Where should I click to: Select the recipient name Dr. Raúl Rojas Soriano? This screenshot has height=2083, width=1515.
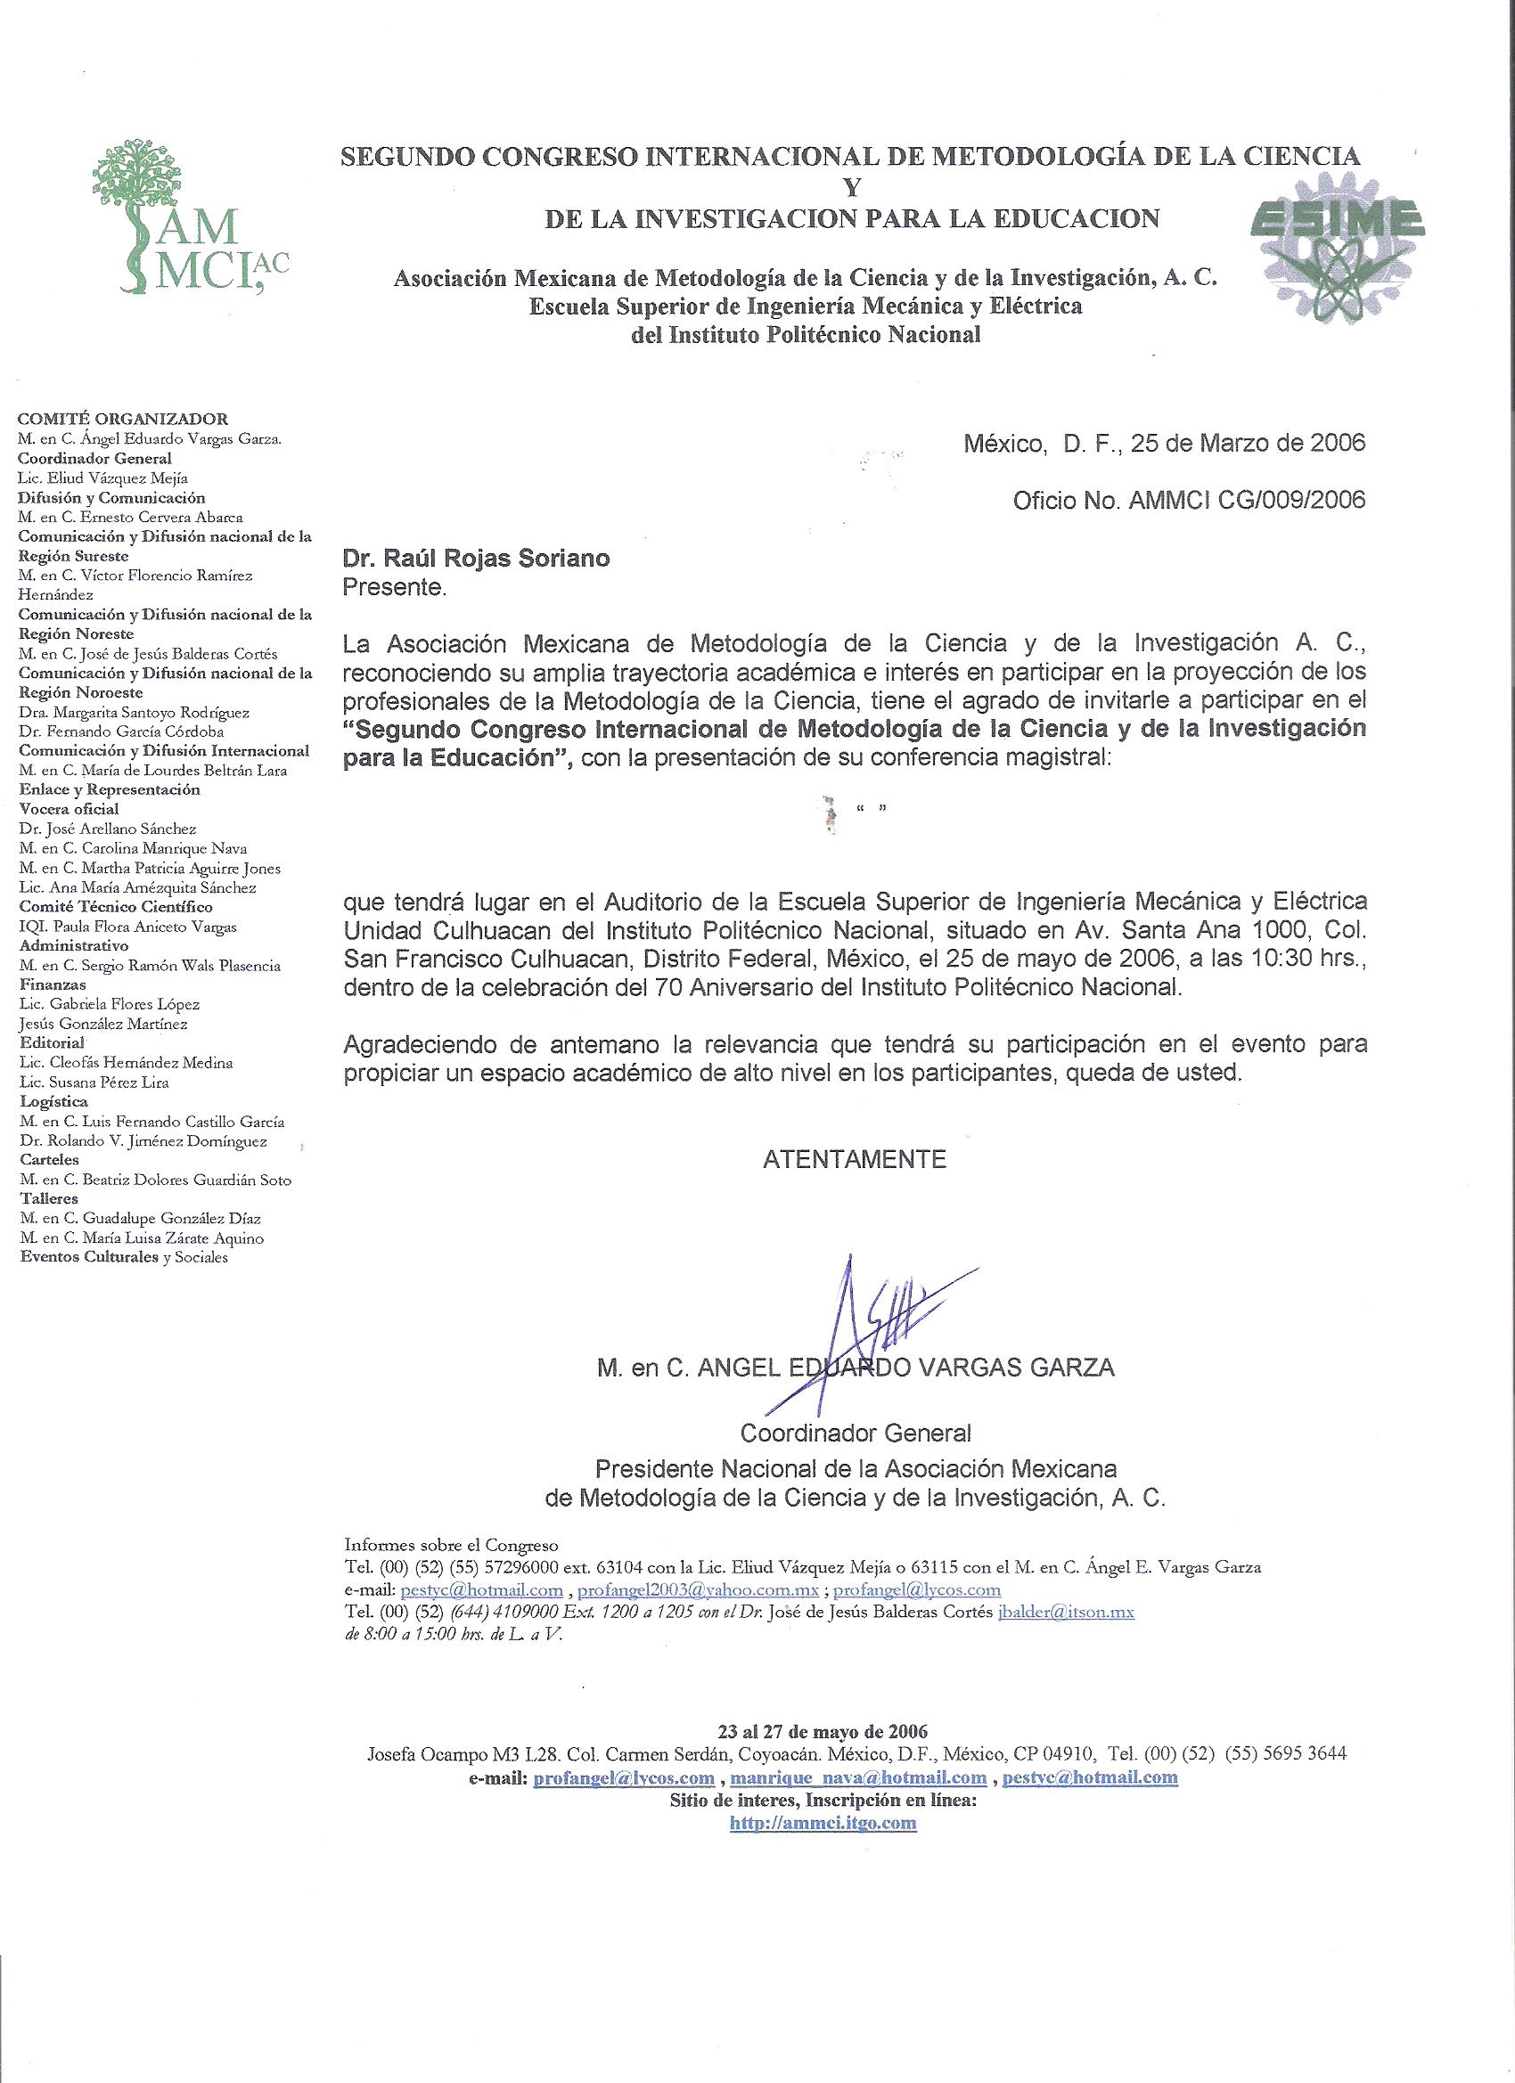(x=476, y=559)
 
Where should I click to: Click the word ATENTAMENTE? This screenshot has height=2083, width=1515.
(x=854, y=1159)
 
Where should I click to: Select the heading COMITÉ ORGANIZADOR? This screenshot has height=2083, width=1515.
(x=123, y=419)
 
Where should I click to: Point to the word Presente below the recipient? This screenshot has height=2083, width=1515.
(x=393, y=588)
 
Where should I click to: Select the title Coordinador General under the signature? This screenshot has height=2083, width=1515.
(x=856, y=1432)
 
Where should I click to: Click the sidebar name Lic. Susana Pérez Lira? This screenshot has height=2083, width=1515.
(x=94, y=1082)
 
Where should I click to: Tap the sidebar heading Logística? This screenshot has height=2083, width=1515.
(x=54, y=1101)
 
